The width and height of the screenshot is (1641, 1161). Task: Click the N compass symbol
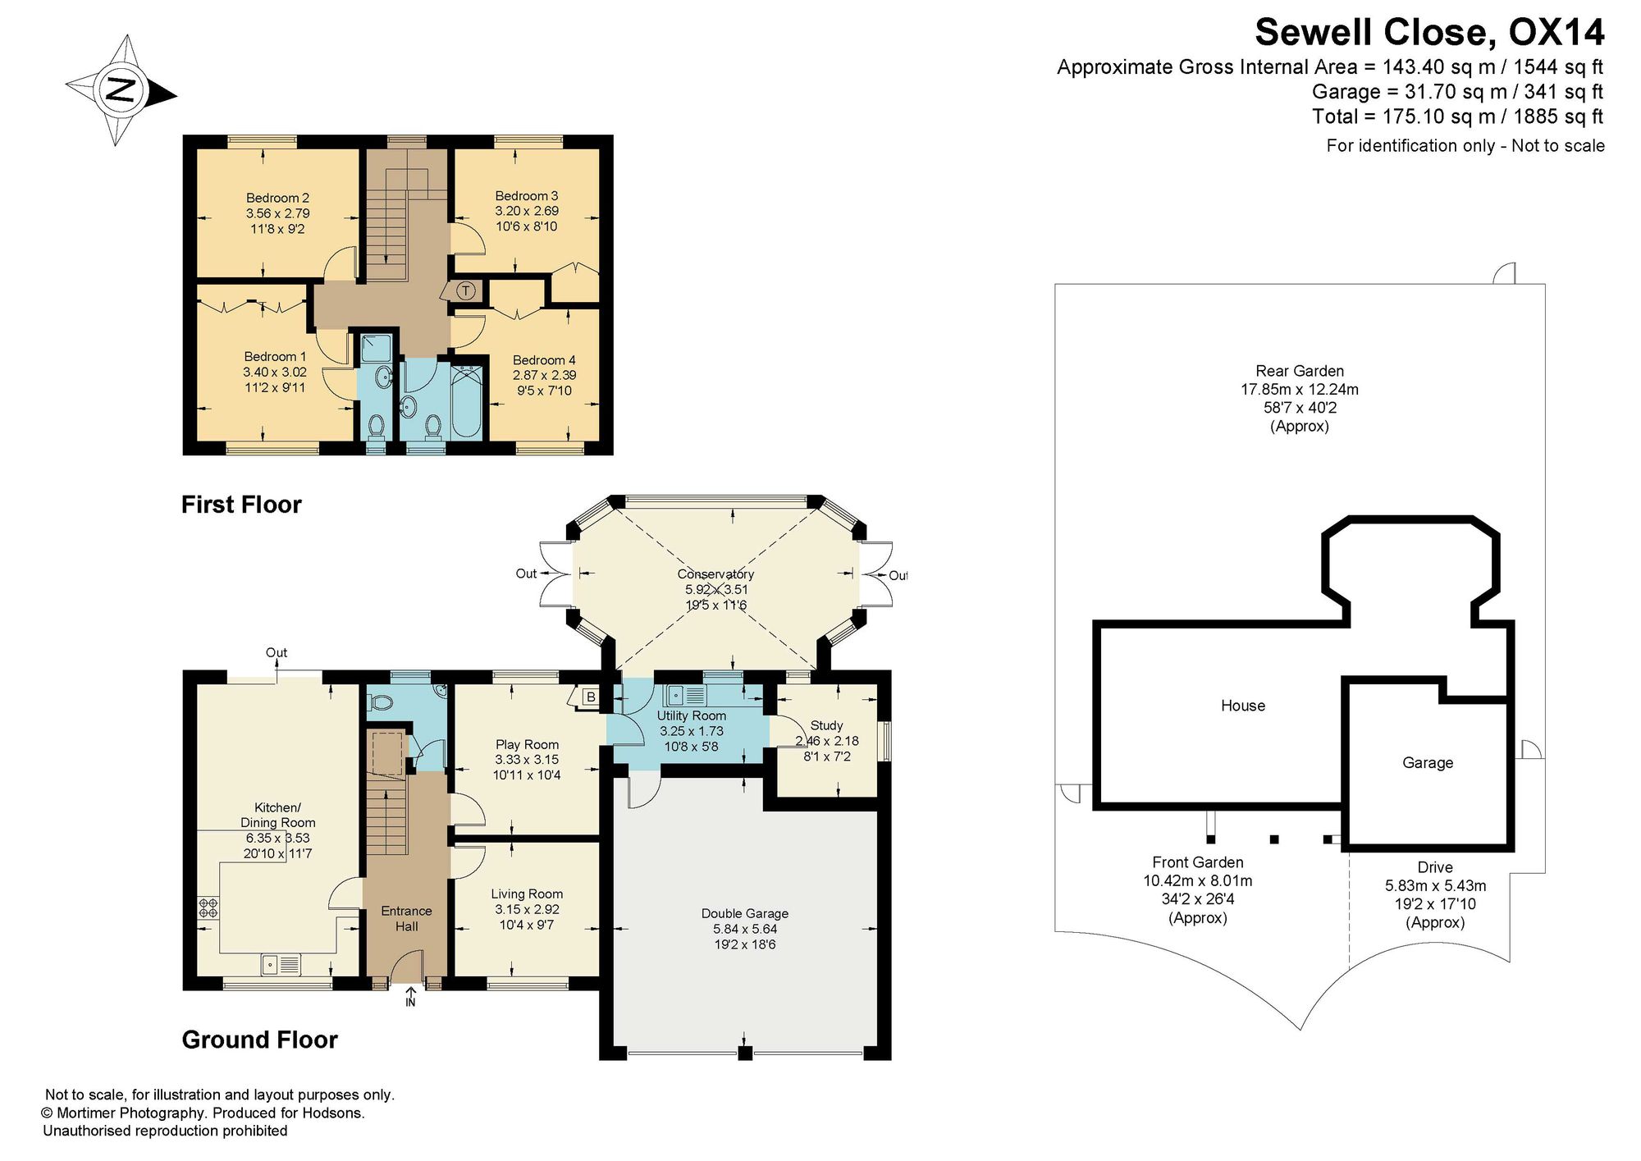[121, 90]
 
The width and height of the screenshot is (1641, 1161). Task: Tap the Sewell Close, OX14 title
[1429, 33]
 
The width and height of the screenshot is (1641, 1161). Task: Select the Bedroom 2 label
[277, 198]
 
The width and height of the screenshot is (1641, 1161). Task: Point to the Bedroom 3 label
[526, 196]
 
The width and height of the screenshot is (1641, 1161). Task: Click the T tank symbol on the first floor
[465, 290]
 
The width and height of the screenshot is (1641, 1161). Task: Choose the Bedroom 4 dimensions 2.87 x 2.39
[544, 375]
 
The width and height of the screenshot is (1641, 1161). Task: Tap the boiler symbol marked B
[588, 697]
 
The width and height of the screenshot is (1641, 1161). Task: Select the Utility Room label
[691, 716]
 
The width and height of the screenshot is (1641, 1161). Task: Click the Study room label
[826, 726]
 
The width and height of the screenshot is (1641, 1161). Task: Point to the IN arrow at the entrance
[410, 996]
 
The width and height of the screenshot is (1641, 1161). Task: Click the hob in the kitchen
[208, 907]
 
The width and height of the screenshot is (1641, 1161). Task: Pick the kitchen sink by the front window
[281, 964]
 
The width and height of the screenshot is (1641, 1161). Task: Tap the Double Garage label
[744, 914]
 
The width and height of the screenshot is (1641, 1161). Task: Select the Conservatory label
[715, 574]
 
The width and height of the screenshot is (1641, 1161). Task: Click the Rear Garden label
[1300, 371]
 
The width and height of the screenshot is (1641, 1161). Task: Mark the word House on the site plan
[1243, 706]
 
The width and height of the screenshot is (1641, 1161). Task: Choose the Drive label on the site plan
[1435, 867]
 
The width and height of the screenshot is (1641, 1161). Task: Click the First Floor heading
[241, 505]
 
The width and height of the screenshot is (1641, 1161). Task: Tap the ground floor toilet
[380, 703]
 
